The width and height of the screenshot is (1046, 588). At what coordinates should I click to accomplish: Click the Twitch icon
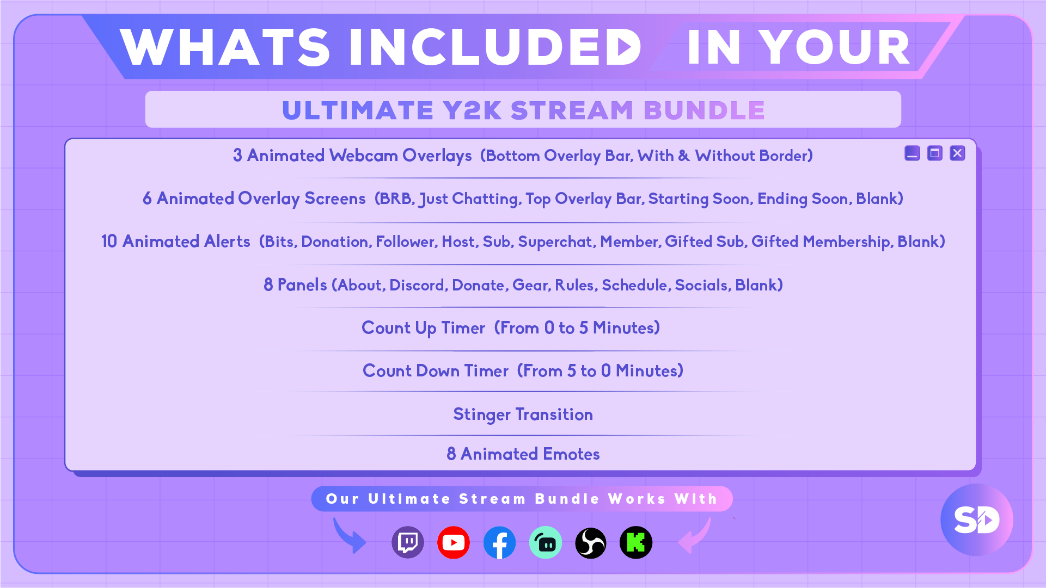pos(408,542)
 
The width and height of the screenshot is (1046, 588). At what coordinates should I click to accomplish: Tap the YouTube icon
pos(454,542)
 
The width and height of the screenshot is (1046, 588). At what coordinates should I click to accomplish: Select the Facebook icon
pos(499,542)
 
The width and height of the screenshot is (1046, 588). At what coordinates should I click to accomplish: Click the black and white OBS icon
pos(591,542)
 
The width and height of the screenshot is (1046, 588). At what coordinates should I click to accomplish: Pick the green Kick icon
pos(636,542)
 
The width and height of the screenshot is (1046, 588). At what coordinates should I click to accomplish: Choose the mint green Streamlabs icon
pos(545,542)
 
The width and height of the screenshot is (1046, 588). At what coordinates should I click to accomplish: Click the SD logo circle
pos(977,520)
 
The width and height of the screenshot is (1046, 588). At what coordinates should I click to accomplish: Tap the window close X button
pos(957,153)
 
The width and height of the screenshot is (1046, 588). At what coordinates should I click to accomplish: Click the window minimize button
pos(912,153)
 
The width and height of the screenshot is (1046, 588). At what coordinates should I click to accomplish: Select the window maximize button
pos(935,153)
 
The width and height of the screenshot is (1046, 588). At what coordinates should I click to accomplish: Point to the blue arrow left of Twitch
pos(348,536)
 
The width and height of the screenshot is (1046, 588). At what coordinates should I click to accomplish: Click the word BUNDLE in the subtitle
pos(705,110)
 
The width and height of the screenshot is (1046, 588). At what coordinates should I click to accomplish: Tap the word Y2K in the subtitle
pos(472,110)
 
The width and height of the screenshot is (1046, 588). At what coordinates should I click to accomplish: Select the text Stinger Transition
pos(523,414)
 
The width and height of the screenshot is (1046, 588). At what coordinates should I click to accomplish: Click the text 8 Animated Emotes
pos(523,454)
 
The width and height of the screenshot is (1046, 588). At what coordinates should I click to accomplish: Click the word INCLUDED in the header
pos(495,47)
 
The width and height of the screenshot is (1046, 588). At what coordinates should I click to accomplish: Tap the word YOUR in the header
pos(835,47)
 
